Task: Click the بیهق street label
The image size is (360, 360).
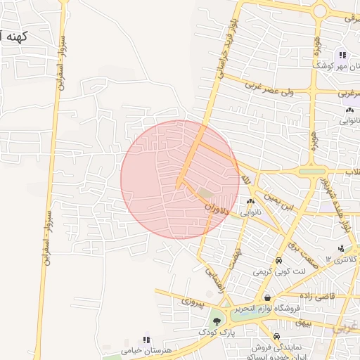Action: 303,322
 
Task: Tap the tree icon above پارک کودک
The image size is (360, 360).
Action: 217,321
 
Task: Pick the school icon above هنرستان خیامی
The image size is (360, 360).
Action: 146,340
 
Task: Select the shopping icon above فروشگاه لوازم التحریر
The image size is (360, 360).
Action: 266,298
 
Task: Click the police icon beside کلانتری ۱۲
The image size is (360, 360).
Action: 341,248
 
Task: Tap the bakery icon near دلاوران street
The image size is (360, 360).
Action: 250,202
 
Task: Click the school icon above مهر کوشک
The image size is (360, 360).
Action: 342,55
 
